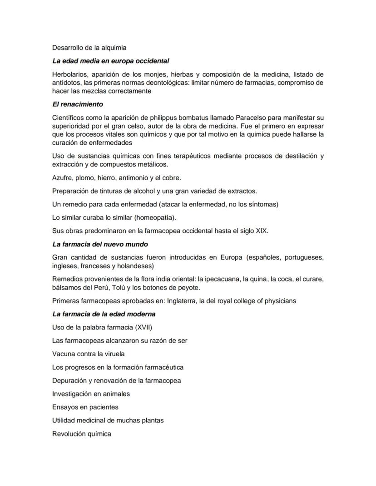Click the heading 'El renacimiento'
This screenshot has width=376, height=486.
click(78, 104)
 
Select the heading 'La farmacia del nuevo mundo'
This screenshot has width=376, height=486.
click(100, 244)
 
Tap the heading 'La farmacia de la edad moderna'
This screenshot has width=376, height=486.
click(104, 314)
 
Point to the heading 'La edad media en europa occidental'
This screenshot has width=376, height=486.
click(111, 61)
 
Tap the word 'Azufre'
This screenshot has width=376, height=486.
click(63, 178)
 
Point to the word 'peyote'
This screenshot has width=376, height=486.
click(189, 288)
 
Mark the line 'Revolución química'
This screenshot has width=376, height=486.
click(82, 434)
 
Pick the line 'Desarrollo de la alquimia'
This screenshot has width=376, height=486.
click(89, 48)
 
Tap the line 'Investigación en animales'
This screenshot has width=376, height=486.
click(91, 394)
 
